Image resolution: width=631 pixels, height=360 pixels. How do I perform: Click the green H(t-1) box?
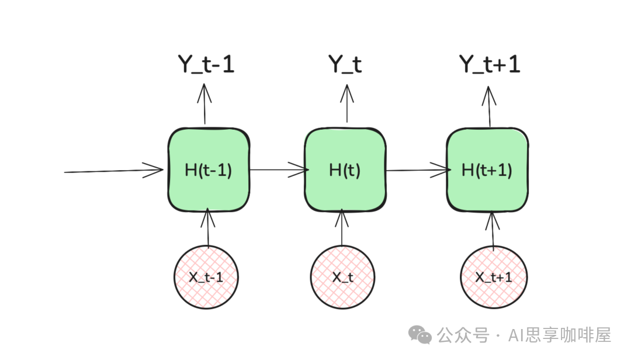[209, 169]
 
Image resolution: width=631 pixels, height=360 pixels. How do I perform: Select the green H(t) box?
[345, 171]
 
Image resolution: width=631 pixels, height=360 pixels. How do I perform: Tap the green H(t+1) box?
[487, 170]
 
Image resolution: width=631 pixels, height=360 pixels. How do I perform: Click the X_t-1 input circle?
[206, 276]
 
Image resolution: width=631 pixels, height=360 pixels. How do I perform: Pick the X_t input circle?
[343, 277]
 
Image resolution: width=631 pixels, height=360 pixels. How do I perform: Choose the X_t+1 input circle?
[494, 277]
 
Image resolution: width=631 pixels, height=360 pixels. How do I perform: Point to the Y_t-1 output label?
[206, 65]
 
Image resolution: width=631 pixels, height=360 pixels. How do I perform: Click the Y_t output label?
[345, 65]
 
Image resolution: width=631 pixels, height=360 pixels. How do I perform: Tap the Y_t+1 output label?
[490, 65]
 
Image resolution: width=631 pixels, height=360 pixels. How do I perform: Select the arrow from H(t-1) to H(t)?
[278, 170]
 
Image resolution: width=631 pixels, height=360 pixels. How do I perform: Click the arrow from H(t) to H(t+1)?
[417, 171]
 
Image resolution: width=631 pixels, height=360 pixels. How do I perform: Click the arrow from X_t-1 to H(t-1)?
[208, 228]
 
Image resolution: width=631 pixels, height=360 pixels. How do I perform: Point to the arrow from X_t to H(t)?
[344, 228]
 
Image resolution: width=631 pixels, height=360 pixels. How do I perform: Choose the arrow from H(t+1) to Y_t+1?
[489, 105]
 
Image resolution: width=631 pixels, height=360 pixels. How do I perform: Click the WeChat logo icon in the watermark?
[420, 334]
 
